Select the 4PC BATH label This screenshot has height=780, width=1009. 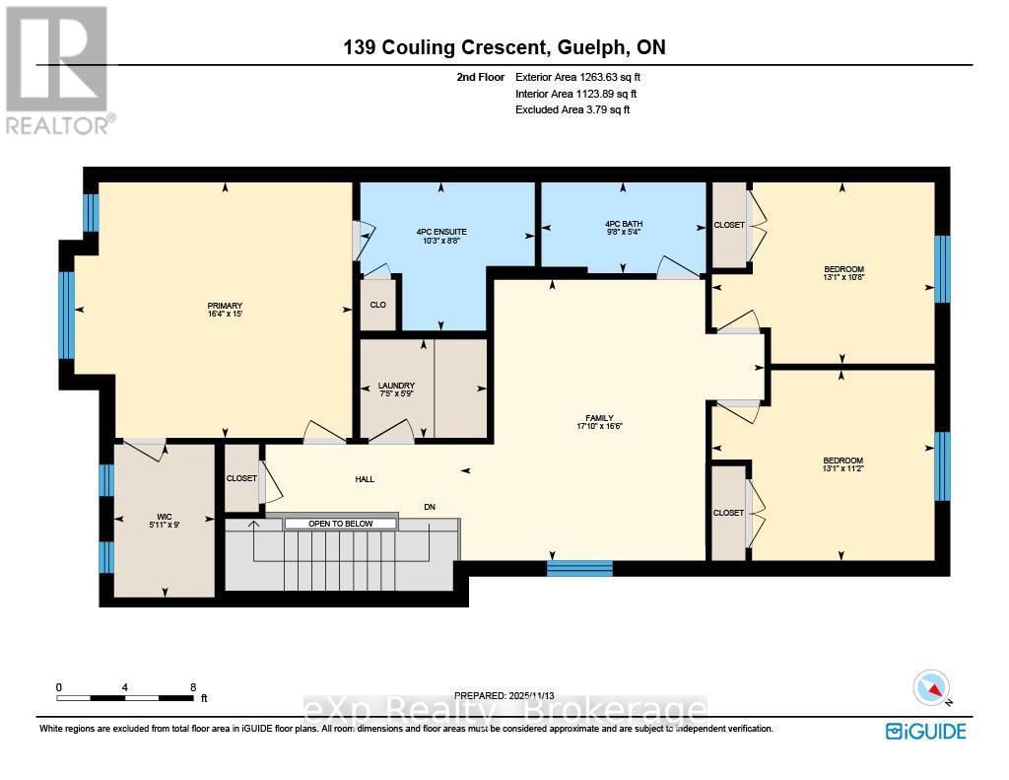(623, 224)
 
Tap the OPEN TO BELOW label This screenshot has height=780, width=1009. (341, 524)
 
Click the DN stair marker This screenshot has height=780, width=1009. (430, 507)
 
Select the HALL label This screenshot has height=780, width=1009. (365, 479)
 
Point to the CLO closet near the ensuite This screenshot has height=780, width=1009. (376, 305)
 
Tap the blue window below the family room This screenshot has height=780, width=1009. (580, 568)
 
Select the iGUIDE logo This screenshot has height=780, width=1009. (925, 731)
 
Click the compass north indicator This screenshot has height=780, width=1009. (930, 687)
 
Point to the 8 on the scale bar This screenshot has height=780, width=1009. (193, 687)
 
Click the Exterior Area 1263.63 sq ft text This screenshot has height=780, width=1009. (580, 77)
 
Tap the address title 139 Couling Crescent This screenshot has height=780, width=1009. (504, 47)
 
